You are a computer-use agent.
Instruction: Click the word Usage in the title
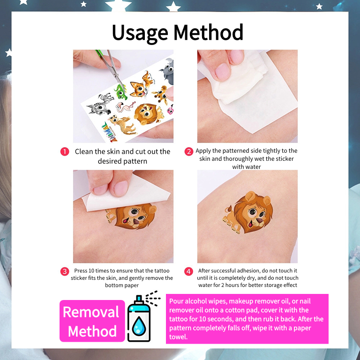pyautogui.click(x=140, y=33)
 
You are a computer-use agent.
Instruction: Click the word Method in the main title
pyautogui.click(x=208, y=32)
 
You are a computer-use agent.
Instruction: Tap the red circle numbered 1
pyautogui.click(x=65, y=151)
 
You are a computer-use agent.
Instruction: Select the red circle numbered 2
pyautogui.click(x=189, y=151)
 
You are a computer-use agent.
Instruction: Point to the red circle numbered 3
pyautogui.click(x=65, y=271)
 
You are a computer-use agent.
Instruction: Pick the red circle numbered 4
pyautogui.click(x=189, y=271)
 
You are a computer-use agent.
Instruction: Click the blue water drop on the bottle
pyautogui.click(x=139, y=325)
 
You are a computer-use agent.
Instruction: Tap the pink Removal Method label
pyautogui.click(x=92, y=321)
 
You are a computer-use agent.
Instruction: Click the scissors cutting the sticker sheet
pyautogui.click(x=110, y=67)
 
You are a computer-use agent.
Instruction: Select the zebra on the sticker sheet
pyautogui.click(x=100, y=104)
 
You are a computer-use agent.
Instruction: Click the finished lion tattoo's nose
pyautogui.click(x=260, y=221)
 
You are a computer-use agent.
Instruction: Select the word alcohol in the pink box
pyautogui.click(x=195, y=301)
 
